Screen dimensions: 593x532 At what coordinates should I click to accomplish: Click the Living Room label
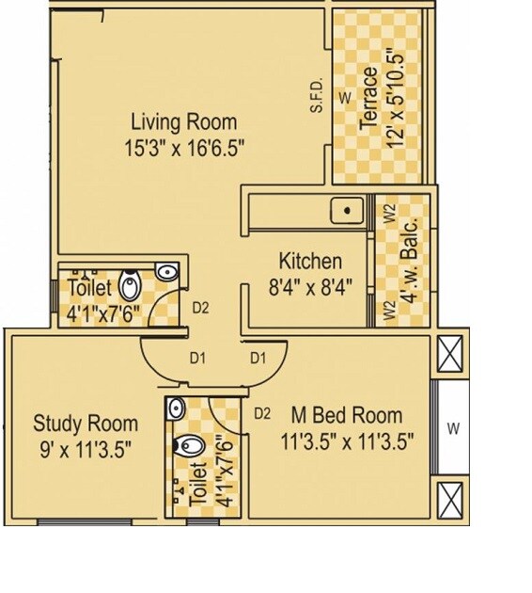183,121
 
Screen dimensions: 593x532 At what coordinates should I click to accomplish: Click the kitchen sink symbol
348,210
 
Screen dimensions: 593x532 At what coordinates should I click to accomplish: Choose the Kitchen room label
310,261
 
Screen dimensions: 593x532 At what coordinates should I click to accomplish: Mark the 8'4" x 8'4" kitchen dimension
310,284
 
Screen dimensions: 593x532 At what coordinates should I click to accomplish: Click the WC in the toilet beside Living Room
132,281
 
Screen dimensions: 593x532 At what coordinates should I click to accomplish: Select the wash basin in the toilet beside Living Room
165,272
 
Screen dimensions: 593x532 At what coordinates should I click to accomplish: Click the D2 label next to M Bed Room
264,412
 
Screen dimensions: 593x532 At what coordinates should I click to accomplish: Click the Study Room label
86,423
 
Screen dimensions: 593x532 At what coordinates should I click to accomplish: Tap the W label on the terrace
344,97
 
